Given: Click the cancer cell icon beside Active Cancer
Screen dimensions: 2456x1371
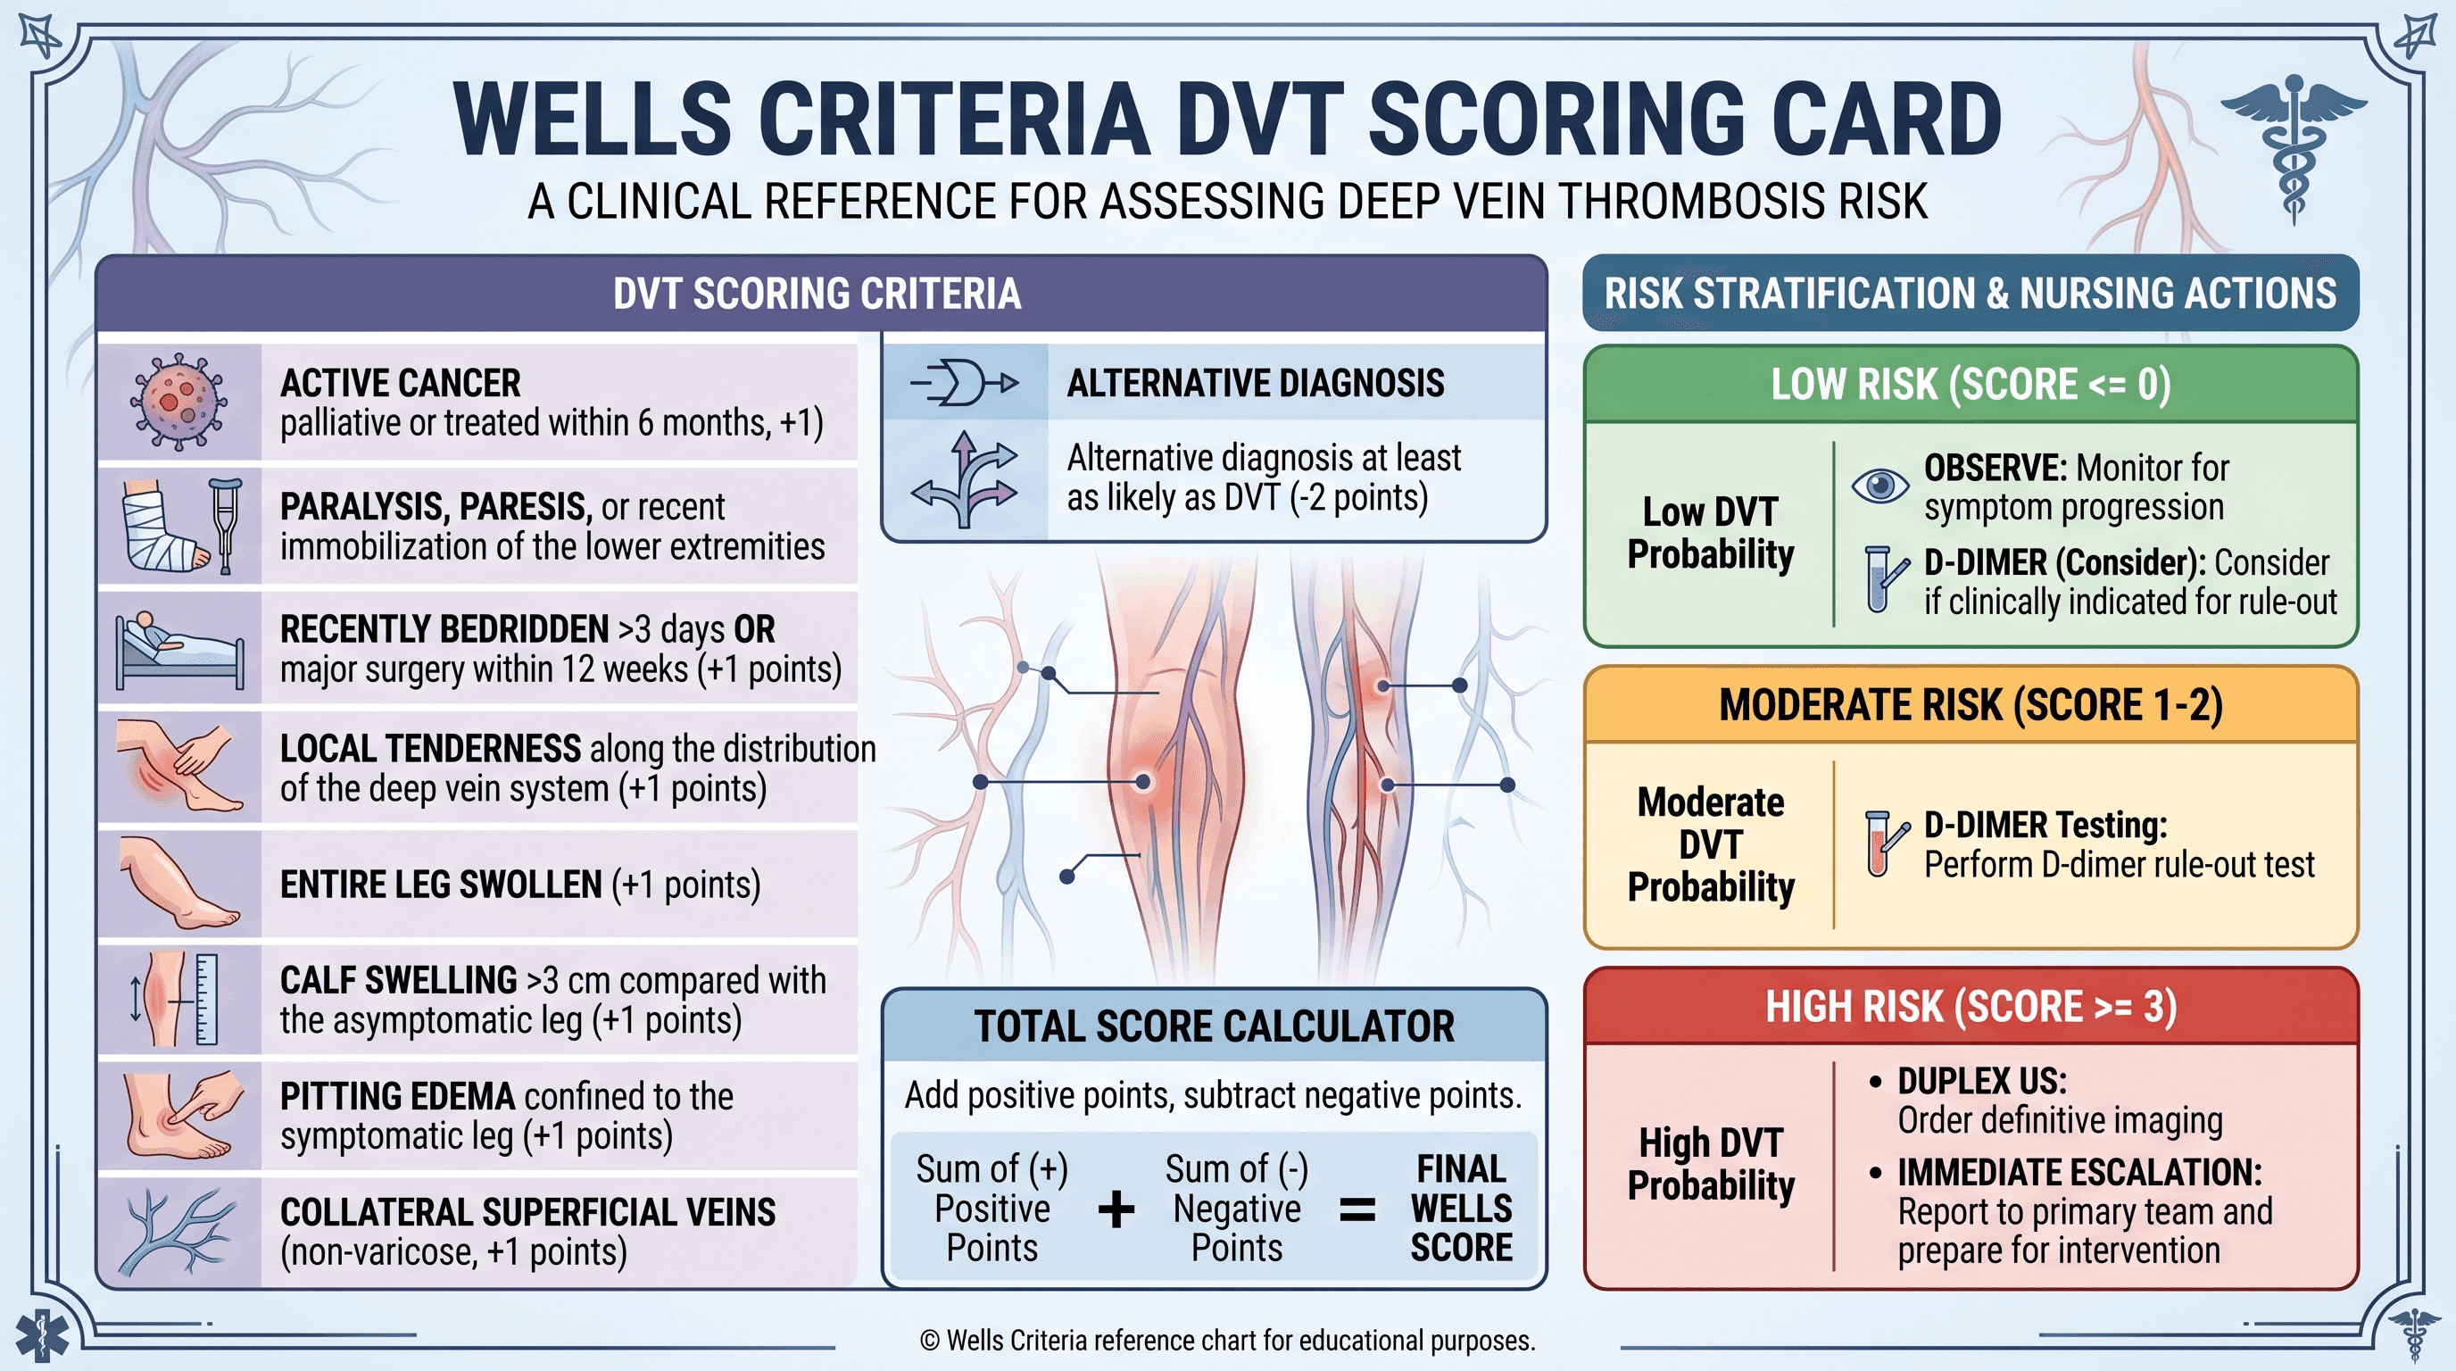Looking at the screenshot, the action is click(179, 402).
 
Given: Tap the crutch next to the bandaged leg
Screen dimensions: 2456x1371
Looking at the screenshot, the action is click(225, 526).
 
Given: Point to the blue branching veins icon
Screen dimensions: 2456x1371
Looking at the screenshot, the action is click(178, 1231).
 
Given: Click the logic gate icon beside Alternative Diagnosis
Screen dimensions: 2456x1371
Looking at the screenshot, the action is click(964, 383).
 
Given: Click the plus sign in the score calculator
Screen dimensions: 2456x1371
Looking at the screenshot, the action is click(1116, 1209).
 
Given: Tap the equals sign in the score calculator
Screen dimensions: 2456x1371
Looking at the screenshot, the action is click(1357, 1209).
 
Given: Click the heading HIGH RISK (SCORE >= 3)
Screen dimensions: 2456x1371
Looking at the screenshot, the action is click(1971, 1007).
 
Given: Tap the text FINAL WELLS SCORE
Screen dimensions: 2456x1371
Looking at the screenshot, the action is click(1461, 1208).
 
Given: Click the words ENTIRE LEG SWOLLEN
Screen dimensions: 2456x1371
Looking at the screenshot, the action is click(441, 885).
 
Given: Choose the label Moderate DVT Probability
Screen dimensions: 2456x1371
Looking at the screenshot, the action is click(1711, 844).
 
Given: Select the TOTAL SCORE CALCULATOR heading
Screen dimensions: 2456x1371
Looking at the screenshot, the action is click(1214, 1026).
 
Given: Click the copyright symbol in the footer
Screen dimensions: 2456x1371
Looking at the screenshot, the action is click(929, 1341).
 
